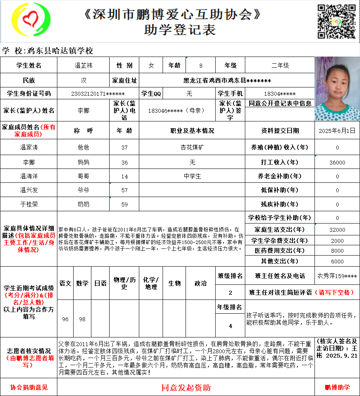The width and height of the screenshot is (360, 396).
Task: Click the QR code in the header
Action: click(x=337, y=21)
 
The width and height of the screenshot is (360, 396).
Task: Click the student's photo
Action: click(x=337, y=89)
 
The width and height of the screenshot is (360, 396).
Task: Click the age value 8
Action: click(x=201, y=65)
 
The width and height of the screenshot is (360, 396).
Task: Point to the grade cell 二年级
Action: click(x=280, y=65)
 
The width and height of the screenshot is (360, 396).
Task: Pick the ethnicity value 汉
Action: click(x=83, y=80)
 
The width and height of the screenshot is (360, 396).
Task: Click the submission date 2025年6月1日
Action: click(x=337, y=130)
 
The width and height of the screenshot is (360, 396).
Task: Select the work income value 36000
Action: click(x=337, y=162)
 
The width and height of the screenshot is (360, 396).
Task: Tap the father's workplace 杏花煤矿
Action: click(x=192, y=148)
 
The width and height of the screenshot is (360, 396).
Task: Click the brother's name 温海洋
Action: click(x=29, y=176)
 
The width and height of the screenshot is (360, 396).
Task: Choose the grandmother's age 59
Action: click(x=124, y=205)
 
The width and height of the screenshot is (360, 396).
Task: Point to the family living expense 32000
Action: click(x=337, y=230)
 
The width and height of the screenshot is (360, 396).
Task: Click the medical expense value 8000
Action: click(x=337, y=251)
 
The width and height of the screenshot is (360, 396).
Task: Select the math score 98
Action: click(x=82, y=319)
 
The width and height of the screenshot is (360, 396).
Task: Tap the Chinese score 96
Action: click(x=65, y=319)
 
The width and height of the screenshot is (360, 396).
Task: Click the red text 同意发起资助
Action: click(x=186, y=387)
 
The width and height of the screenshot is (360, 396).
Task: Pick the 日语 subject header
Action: click(x=100, y=283)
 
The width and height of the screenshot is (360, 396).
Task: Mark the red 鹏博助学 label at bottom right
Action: click(x=337, y=388)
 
